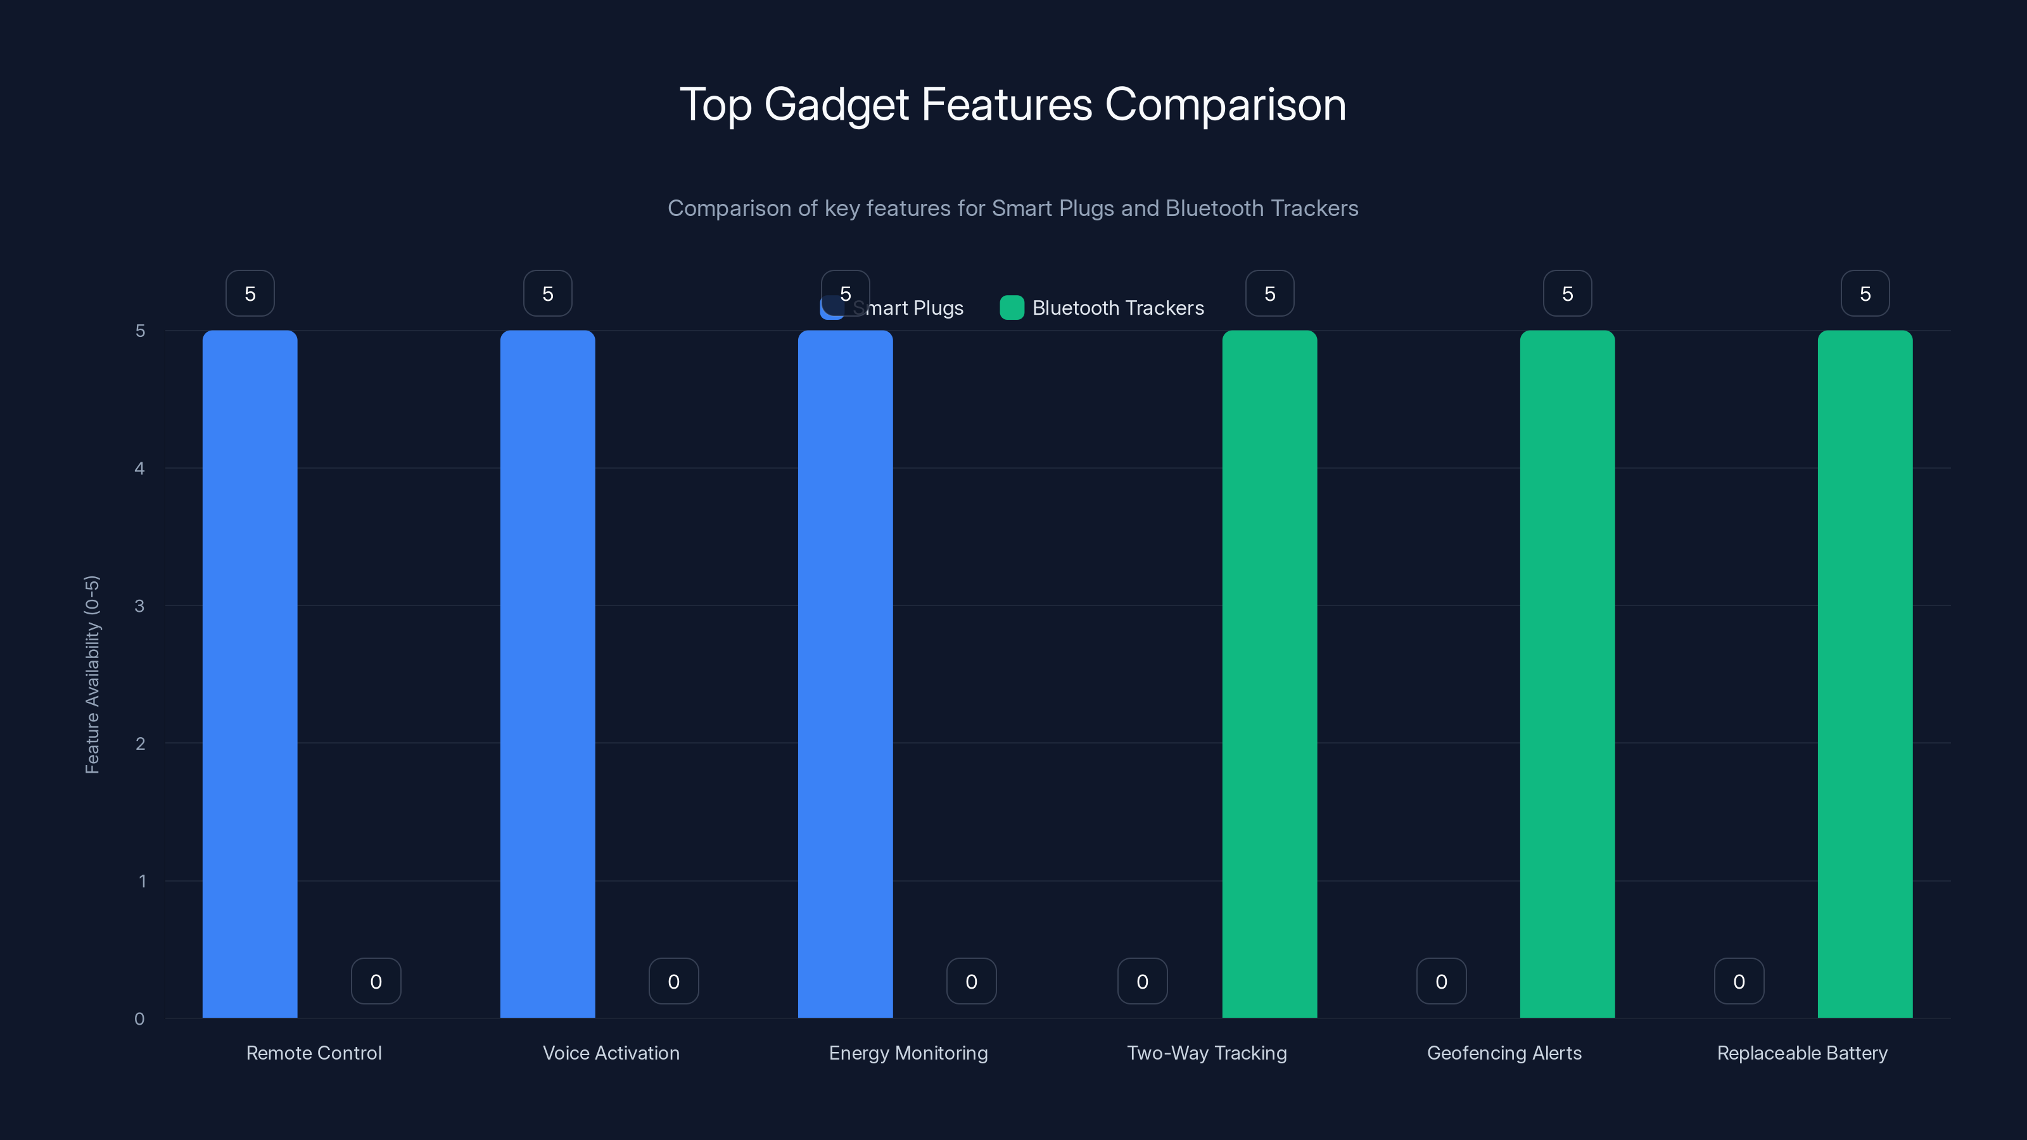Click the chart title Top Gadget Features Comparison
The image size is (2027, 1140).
(x=1013, y=104)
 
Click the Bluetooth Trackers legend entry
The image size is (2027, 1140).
(x=1102, y=308)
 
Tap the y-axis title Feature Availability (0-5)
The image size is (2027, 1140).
(x=92, y=674)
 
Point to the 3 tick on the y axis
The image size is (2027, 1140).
(x=139, y=606)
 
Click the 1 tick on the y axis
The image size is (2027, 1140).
(x=143, y=881)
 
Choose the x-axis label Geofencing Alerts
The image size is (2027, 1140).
(x=1504, y=1053)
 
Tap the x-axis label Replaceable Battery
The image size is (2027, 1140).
(x=1802, y=1053)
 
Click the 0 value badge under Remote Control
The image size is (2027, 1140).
(x=376, y=981)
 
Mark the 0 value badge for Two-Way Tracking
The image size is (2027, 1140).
(x=1141, y=981)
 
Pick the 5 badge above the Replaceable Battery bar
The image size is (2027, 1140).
(x=1865, y=293)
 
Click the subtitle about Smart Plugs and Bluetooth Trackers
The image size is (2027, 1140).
(x=1013, y=208)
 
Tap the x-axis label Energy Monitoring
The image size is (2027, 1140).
(x=908, y=1053)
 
